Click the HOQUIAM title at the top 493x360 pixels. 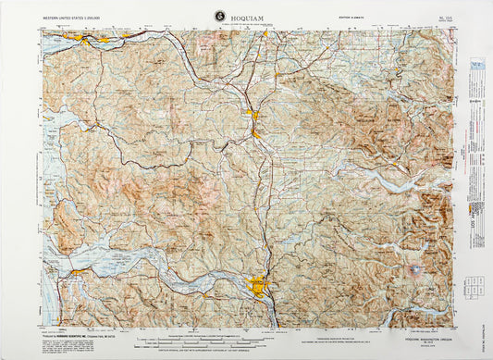(x=245, y=17)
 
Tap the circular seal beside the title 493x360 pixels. (x=219, y=15)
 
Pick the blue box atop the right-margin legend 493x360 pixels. (x=477, y=66)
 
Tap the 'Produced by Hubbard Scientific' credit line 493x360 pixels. (x=74, y=335)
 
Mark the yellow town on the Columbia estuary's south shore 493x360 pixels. (x=80, y=272)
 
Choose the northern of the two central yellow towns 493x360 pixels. (x=250, y=115)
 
